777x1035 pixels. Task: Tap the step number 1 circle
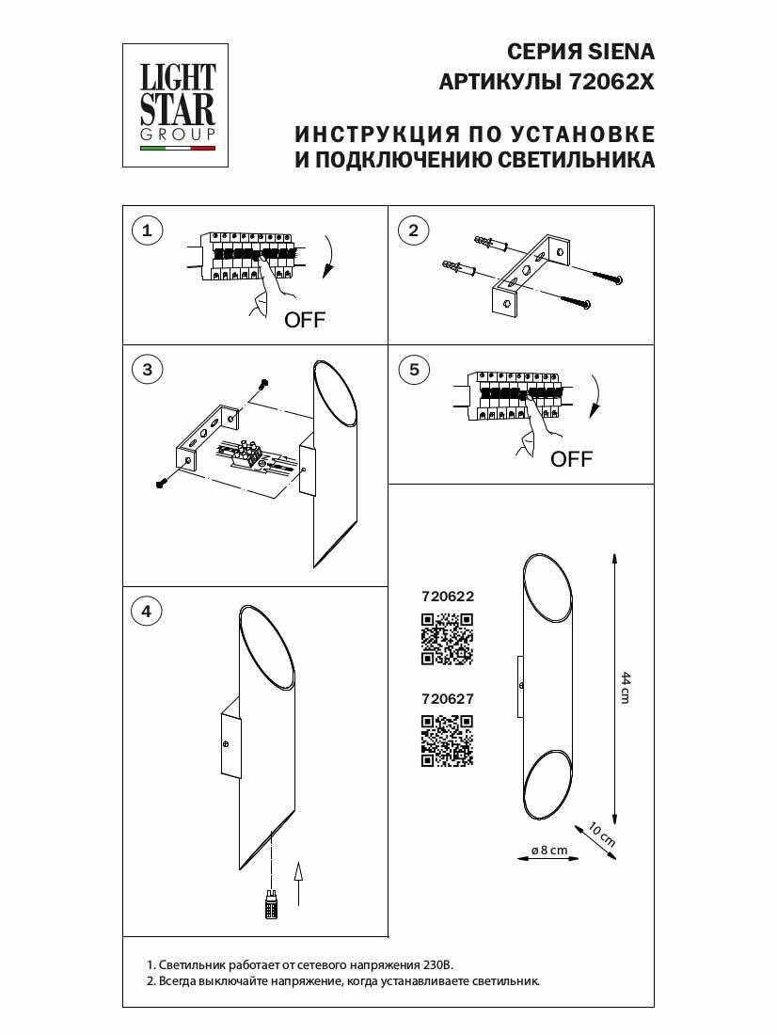coord(146,230)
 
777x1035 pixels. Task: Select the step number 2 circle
coord(413,230)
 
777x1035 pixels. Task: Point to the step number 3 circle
coord(146,369)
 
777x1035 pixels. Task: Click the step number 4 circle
coord(146,611)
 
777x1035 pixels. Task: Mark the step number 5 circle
coord(413,369)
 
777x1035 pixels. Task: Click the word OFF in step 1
coord(305,320)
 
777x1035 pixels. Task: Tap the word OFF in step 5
coord(571,459)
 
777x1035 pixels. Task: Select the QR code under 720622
coord(446,640)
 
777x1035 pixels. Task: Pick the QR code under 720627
coord(446,740)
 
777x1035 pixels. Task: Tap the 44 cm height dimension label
coord(625,688)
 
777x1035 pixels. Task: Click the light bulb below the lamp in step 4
coord(271,907)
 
